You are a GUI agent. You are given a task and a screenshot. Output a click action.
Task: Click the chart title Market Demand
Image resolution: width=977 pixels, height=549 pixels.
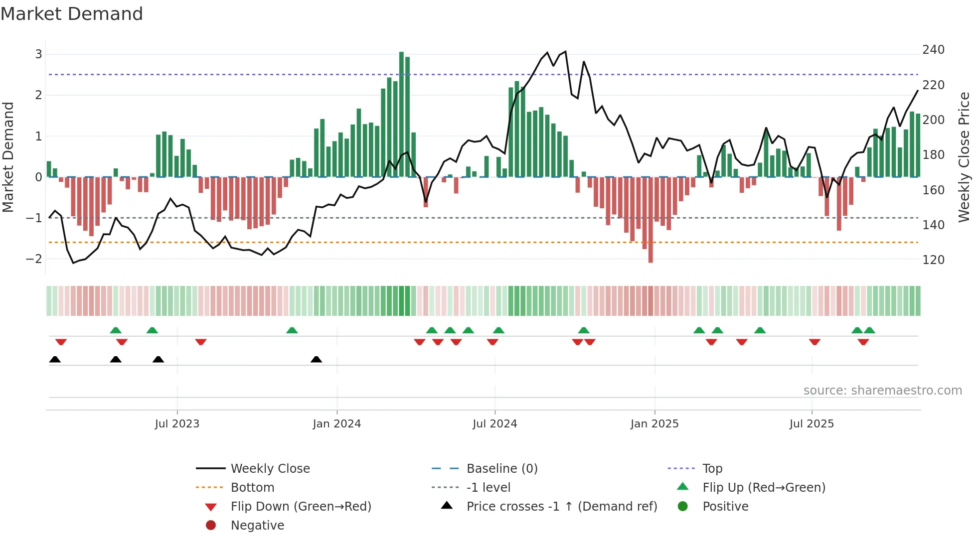pyautogui.click(x=72, y=14)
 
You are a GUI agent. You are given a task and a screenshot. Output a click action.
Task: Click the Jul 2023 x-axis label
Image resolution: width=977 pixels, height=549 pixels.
pyautogui.click(x=177, y=424)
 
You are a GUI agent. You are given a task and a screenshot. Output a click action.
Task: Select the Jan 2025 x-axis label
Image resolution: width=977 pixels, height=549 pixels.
pyautogui.click(x=654, y=424)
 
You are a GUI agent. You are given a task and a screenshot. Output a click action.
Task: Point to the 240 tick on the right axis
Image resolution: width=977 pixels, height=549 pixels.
pyautogui.click(x=933, y=50)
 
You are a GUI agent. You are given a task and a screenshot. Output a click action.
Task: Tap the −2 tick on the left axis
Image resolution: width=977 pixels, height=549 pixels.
pyautogui.click(x=34, y=259)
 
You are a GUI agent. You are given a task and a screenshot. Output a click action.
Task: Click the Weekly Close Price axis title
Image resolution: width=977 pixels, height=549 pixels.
pyautogui.click(x=964, y=157)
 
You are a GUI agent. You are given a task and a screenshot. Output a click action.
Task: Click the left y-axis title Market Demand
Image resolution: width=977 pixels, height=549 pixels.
pyautogui.click(x=8, y=157)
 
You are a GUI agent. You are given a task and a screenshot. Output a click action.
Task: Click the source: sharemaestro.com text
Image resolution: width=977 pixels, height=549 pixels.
pyautogui.click(x=882, y=391)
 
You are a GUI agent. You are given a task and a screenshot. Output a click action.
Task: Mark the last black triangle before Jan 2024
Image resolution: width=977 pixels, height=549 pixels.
pyautogui.click(x=316, y=359)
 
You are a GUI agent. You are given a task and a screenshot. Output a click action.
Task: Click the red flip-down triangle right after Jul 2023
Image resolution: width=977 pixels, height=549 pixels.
pyautogui.click(x=201, y=342)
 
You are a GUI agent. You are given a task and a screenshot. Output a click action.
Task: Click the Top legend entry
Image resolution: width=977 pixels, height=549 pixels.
pyautogui.click(x=712, y=469)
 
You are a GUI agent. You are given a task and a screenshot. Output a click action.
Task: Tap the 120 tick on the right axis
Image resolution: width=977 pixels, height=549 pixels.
pyautogui.click(x=933, y=260)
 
